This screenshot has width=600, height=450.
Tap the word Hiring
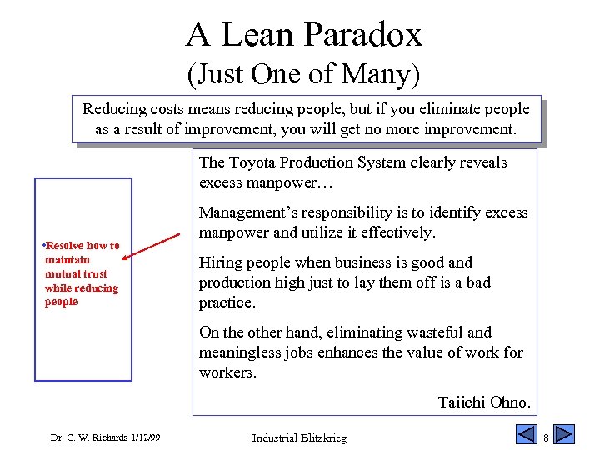pyautogui.click(x=218, y=262)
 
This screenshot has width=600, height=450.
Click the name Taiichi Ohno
pyautogui.click(x=483, y=402)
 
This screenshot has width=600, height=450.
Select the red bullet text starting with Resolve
pyautogui.click(x=81, y=273)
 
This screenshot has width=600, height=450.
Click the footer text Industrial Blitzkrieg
pyautogui.click(x=299, y=437)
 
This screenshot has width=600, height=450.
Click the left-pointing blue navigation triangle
pyautogui.click(x=526, y=434)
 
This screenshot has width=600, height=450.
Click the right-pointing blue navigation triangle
pyautogui.click(x=564, y=434)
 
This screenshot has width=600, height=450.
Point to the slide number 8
pyautogui.click(x=546, y=437)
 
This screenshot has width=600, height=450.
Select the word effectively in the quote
pyautogui.click(x=397, y=232)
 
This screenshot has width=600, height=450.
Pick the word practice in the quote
pyautogui.click(x=225, y=302)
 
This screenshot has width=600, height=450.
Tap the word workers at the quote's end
pyautogui.click(x=227, y=372)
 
